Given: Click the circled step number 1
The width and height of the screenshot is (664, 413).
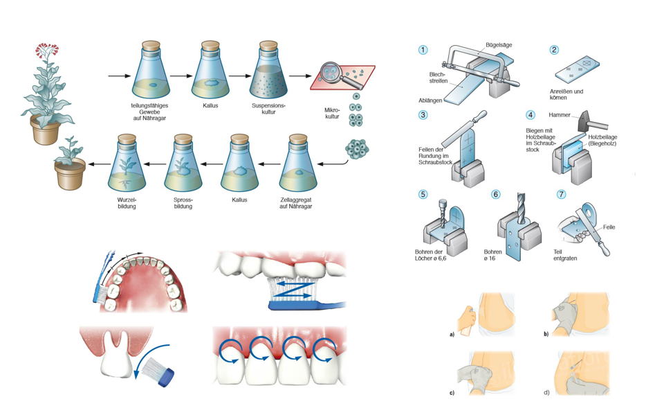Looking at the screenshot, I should pyautogui.click(x=423, y=50).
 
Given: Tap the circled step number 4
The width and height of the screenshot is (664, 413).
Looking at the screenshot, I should pyautogui.click(x=531, y=114).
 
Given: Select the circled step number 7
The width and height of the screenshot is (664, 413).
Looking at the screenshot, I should pyautogui.click(x=561, y=195).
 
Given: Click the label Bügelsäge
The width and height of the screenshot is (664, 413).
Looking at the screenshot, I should pyautogui.click(x=499, y=44).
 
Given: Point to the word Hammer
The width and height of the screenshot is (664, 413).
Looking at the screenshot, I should pyautogui.click(x=558, y=115).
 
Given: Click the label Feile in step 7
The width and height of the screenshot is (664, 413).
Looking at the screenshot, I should pyautogui.click(x=609, y=227).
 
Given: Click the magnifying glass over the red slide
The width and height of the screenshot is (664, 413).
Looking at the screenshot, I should pyautogui.click(x=331, y=73).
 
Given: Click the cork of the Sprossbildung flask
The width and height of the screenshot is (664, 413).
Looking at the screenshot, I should pyautogui.click(x=182, y=139).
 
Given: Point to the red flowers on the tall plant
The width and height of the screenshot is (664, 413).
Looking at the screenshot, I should pyautogui.click(x=50, y=49).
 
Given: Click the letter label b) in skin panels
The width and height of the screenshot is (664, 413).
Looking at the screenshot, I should pyautogui.click(x=546, y=334).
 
